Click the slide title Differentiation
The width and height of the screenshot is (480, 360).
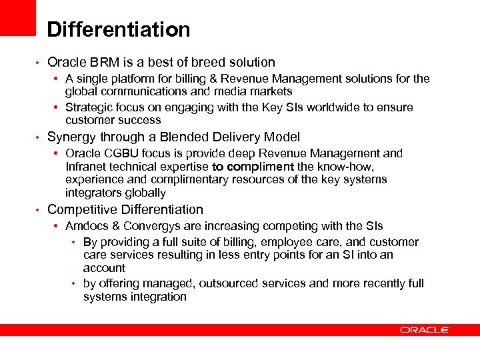tap(119, 30)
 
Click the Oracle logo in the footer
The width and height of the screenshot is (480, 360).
tap(425, 330)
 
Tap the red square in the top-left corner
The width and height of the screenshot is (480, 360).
tap(17, 17)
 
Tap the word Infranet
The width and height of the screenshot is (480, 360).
tap(88, 167)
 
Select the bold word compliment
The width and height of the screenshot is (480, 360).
tap(261, 167)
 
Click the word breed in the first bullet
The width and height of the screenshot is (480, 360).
tap(209, 63)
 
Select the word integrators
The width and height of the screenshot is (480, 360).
tap(93, 193)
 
